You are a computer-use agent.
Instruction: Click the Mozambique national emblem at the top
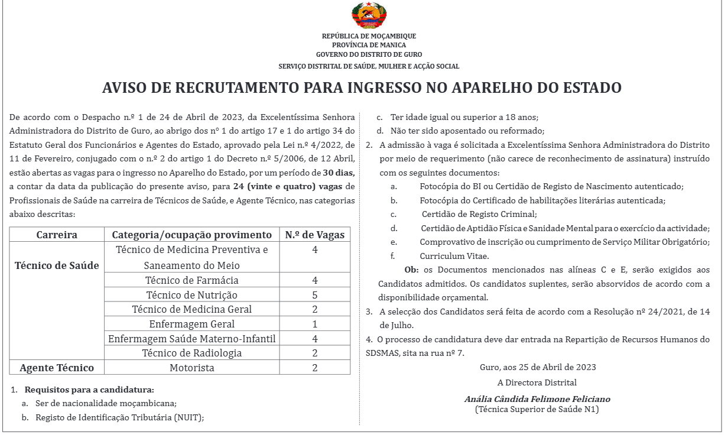(369, 17)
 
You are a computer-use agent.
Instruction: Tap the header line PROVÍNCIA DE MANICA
(369, 45)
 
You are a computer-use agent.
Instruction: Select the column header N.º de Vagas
(314, 235)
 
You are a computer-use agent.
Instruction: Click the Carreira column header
(57, 235)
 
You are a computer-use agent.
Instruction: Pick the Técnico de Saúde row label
(57, 265)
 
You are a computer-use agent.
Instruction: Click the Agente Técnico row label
(57, 368)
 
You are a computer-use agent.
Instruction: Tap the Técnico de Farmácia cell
(192, 280)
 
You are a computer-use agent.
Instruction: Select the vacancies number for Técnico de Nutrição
(315, 294)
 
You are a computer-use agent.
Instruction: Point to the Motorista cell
(192, 368)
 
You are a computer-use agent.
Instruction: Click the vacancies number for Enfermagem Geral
(315, 324)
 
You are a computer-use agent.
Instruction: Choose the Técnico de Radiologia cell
(192, 353)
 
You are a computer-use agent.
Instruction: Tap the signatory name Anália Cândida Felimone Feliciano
(537, 399)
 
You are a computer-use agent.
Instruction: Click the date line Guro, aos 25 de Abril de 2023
(538, 367)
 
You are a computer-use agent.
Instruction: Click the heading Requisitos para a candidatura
(89, 390)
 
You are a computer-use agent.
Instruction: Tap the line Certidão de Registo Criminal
(479, 214)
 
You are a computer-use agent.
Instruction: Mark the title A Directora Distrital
(537, 382)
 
